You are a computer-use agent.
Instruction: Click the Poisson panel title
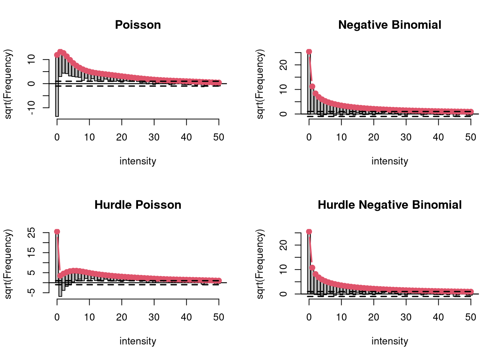coord(138,25)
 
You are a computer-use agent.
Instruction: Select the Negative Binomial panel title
coord(390,25)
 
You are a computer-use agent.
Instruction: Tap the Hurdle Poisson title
coord(138,205)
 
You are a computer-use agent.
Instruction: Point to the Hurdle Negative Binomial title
coord(390,205)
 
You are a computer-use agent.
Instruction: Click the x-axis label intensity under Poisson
coord(138,161)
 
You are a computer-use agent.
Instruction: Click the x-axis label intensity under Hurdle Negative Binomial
coord(390,341)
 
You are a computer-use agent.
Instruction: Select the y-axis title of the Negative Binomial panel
coord(260,84)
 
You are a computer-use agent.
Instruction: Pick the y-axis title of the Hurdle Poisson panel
coord(8,264)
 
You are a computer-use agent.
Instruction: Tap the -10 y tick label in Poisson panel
coord(31,108)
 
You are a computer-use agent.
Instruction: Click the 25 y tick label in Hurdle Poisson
coord(31,232)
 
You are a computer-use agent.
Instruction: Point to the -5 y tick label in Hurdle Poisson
coord(31,292)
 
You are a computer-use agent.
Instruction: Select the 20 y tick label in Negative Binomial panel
coord(283,65)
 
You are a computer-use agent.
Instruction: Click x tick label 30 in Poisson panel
coord(154,137)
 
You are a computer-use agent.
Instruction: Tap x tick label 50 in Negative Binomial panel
coord(471,137)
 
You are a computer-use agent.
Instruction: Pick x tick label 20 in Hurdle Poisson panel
coord(121,317)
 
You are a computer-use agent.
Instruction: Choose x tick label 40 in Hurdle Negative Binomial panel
coord(438,317)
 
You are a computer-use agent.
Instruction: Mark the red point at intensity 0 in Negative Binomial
coord(309,51)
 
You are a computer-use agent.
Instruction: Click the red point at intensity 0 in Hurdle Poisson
coord(57,231)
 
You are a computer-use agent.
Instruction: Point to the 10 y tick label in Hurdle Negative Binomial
coord(283,270)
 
